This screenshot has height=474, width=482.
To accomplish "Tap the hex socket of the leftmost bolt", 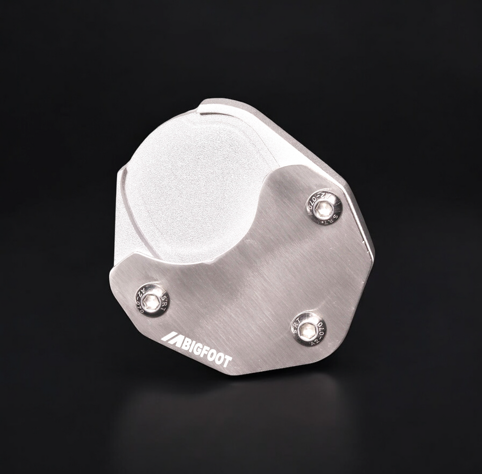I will coord(152,301).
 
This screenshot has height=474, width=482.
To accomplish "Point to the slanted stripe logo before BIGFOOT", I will coord(170,338).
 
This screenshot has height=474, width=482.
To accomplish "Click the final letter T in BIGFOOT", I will coord(227,362).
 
